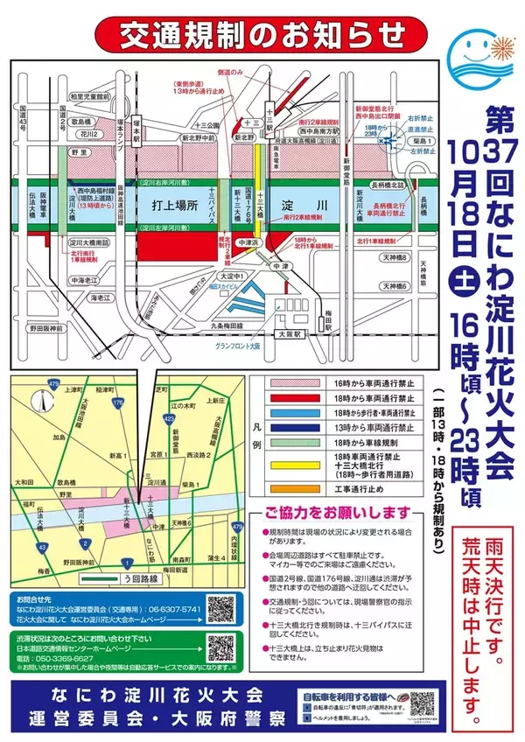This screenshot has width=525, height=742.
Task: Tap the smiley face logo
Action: (477, 51)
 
